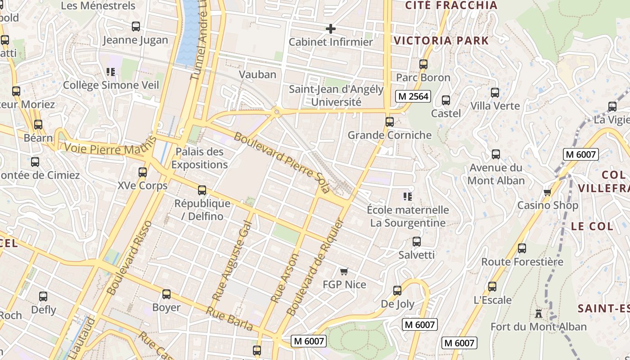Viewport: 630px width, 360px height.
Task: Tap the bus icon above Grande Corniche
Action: click(x=390, y=122)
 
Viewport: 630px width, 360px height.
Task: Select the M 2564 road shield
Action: click(x=413, y=96)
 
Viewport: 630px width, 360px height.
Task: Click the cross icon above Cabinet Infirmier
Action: click(x=331, y=29)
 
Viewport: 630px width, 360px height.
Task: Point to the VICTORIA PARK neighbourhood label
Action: click(x=441, y=40)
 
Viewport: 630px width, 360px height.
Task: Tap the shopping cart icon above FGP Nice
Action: click(x=344, y=271)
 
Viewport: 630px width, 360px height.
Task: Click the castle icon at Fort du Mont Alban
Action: click(x=539, y=314)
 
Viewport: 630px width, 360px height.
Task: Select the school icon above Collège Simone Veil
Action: click(x=111, y=72)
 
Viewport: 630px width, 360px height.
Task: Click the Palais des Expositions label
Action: click(x=199, y=158)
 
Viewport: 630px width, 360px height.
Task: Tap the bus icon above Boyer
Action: click(x=166, y=294)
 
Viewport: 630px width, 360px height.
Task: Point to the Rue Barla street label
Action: click(x=229, y=318)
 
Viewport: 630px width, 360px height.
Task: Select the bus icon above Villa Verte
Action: click(x=495, y=93)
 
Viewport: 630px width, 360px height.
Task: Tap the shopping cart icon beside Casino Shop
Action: click(x=547, y=193)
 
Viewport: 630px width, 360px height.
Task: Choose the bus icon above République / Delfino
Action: click(x=202, y=190)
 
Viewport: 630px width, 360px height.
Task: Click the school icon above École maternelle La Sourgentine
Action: click(x=408, y=196)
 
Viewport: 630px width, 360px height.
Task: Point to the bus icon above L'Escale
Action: click(x=492, y=287)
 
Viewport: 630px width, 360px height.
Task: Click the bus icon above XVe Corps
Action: click(x=143, y=172)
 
